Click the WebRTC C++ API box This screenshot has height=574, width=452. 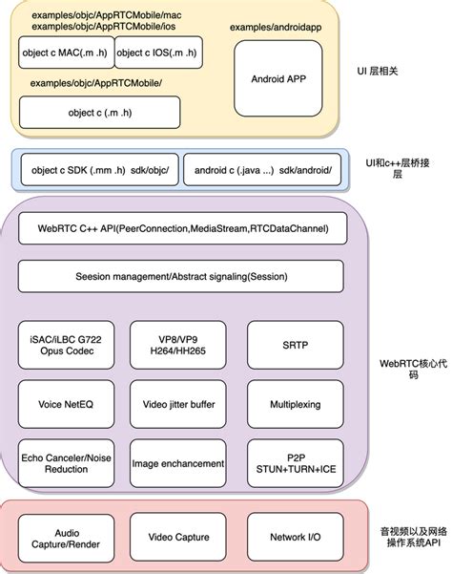pyautogui.click(x=182, y=228)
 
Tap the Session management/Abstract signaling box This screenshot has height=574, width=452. pyautogui.click(x=182, y=276)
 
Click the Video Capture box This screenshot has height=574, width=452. pyautogui.click(x=182, y=537)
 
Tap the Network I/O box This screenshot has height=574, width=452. pyautogui.click(x=296, y=537)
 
